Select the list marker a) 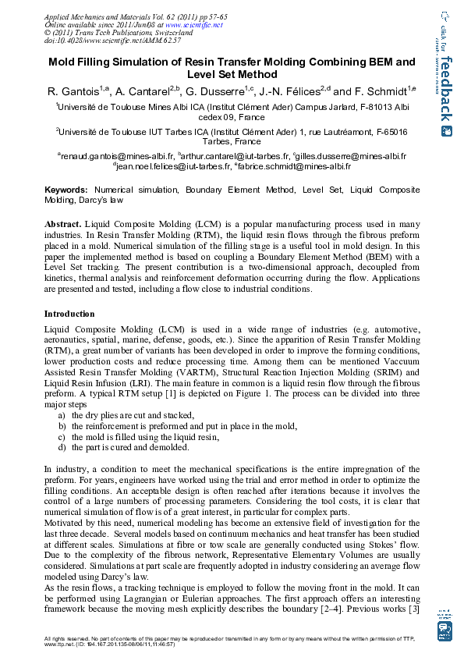click(x=62, y=415)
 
